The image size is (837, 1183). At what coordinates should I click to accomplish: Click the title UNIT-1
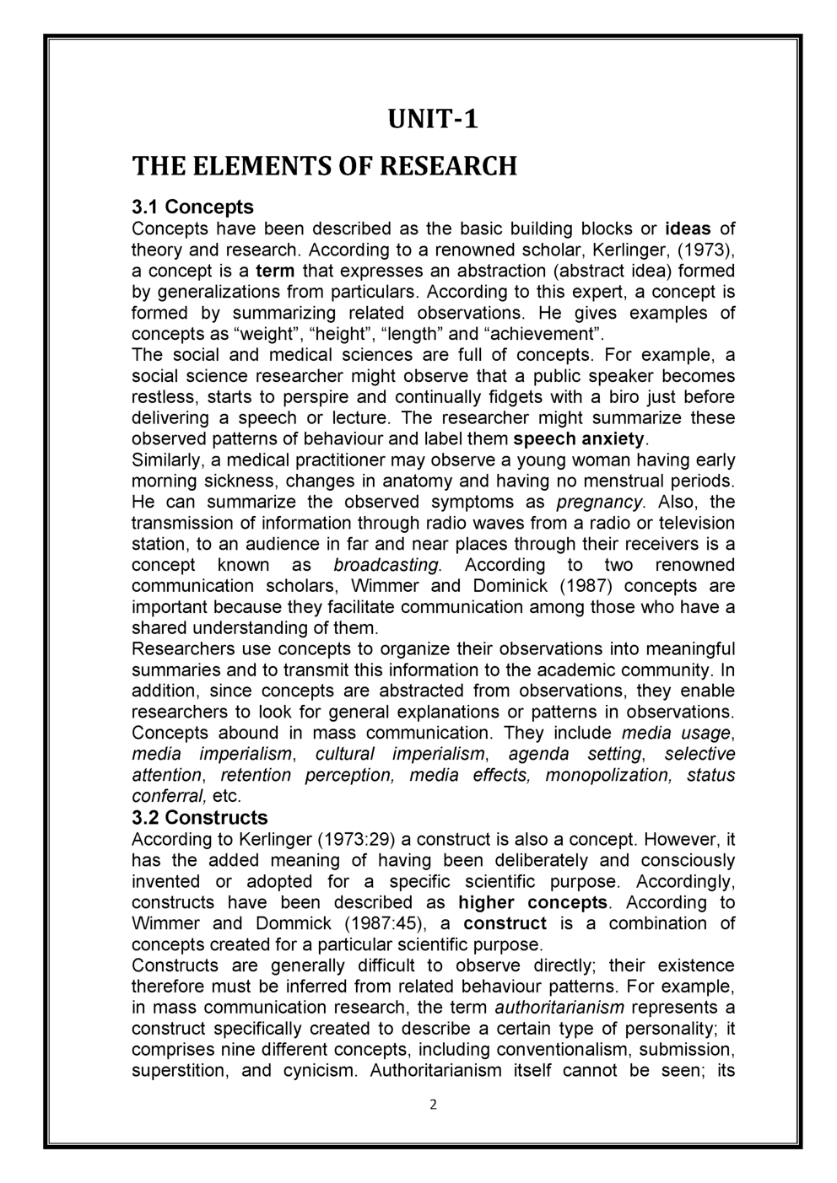[x=433, y=119]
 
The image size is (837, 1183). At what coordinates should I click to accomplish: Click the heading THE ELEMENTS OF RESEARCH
[x=324, y=166]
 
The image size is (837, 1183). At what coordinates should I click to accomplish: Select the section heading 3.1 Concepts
[x=193, y=207]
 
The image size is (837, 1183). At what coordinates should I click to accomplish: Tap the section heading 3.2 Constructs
[x=200, y=817]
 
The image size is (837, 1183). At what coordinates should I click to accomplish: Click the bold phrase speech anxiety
[x=579, y=439]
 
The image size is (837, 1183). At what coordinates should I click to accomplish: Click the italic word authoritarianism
[x=559, y=1008]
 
